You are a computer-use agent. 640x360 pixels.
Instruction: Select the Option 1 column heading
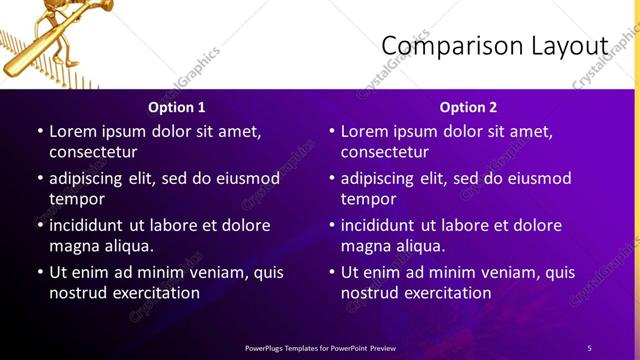[177, 107]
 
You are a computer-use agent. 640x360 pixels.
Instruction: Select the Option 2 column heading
[468, 107]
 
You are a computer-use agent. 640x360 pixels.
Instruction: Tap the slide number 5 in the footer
[589, 348]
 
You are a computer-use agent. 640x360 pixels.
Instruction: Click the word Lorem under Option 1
[74, 131]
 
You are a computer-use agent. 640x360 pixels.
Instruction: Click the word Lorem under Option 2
[366, 131]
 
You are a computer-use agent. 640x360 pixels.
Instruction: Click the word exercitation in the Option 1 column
[155, 293]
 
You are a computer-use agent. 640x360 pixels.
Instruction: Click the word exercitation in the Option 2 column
[447, 293]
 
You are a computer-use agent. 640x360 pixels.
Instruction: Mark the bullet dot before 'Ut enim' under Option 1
[40, 272]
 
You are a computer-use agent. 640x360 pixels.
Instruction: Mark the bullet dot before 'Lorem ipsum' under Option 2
[332, 131]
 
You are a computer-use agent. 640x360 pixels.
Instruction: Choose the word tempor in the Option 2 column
[369, 199]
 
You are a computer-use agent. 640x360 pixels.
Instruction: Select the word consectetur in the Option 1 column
[93, 152]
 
